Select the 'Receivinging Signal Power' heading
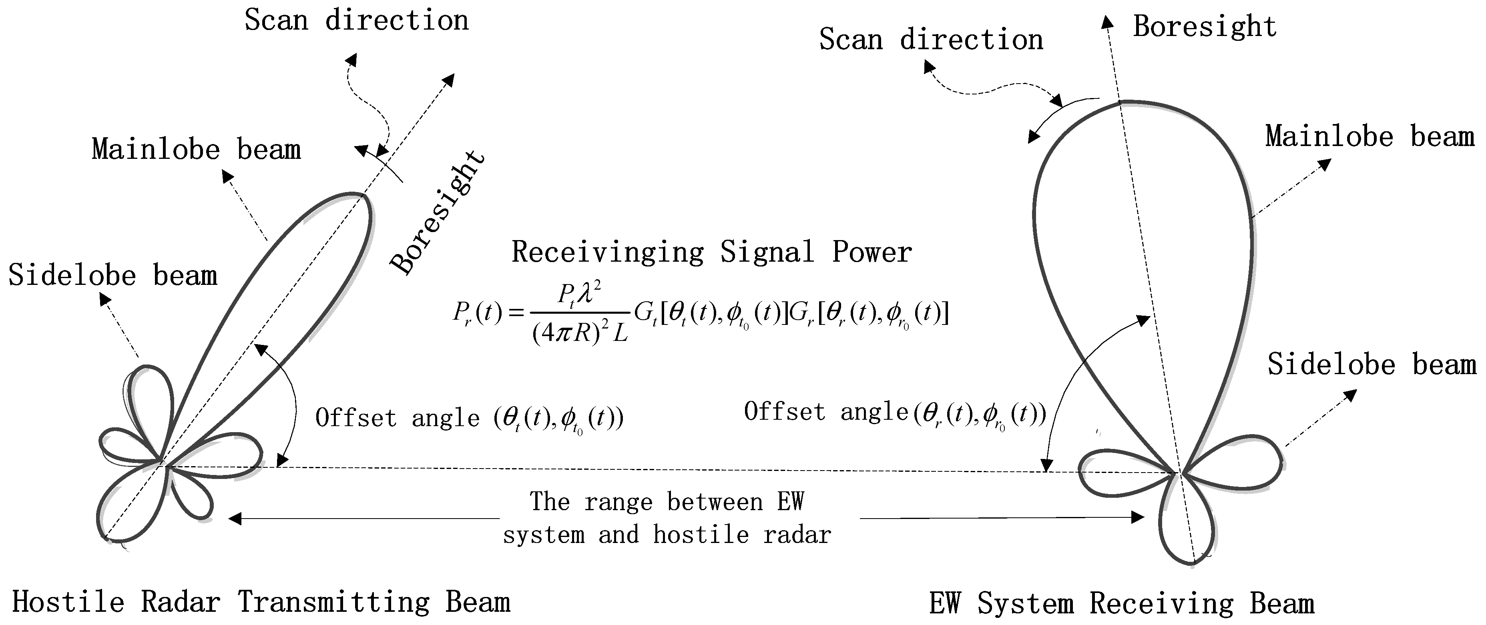[x=711, y=252]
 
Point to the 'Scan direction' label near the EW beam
[x=931, y=40]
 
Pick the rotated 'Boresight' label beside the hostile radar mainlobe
[x=437, y=212]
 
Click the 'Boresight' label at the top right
[x=1205, y=26]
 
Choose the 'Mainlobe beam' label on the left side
[x=196, y=149]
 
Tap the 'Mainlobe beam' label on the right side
[x=1370, y=137]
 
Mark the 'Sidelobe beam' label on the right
[x=1371, y=365]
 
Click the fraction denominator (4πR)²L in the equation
[x=580, y=333]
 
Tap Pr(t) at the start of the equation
[x=477, y=313]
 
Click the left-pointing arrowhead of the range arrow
[x=235, y=519]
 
